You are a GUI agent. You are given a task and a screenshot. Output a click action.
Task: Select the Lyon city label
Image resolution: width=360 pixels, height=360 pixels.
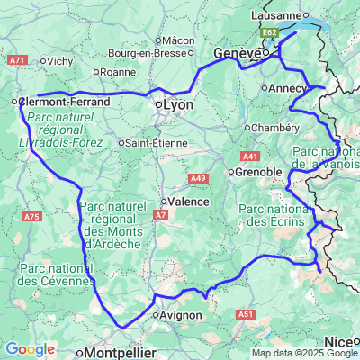(x=175, y=105)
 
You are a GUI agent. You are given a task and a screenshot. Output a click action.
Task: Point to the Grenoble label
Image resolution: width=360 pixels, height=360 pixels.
(x=258, y=172)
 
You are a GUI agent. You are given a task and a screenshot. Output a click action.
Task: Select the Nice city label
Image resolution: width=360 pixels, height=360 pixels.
(x=338, y=341)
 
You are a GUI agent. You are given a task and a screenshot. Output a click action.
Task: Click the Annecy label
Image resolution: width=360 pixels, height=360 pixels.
(x=290, y=88)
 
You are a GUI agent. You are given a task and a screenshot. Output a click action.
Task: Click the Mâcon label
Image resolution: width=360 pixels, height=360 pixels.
(x=179, y=40)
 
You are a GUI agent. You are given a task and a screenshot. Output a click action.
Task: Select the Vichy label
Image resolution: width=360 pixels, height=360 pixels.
(x=59, y=61)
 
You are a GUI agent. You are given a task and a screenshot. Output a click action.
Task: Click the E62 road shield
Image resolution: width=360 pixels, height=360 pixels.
(x=270, y=32)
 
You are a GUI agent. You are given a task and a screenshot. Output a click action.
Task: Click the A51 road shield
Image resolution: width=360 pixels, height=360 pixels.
(x=245, y=314)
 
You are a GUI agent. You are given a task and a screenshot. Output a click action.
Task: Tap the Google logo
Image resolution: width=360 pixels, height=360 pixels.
(x=30, y=349)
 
